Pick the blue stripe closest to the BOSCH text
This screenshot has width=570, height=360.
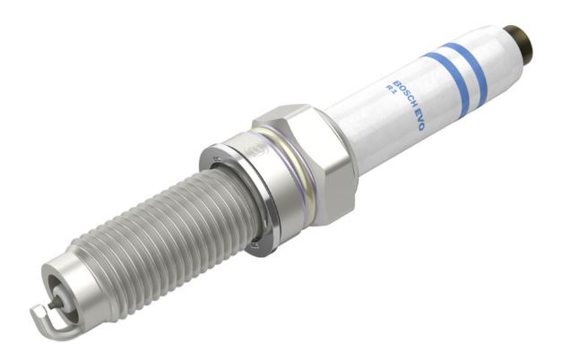tap(448, 84)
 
